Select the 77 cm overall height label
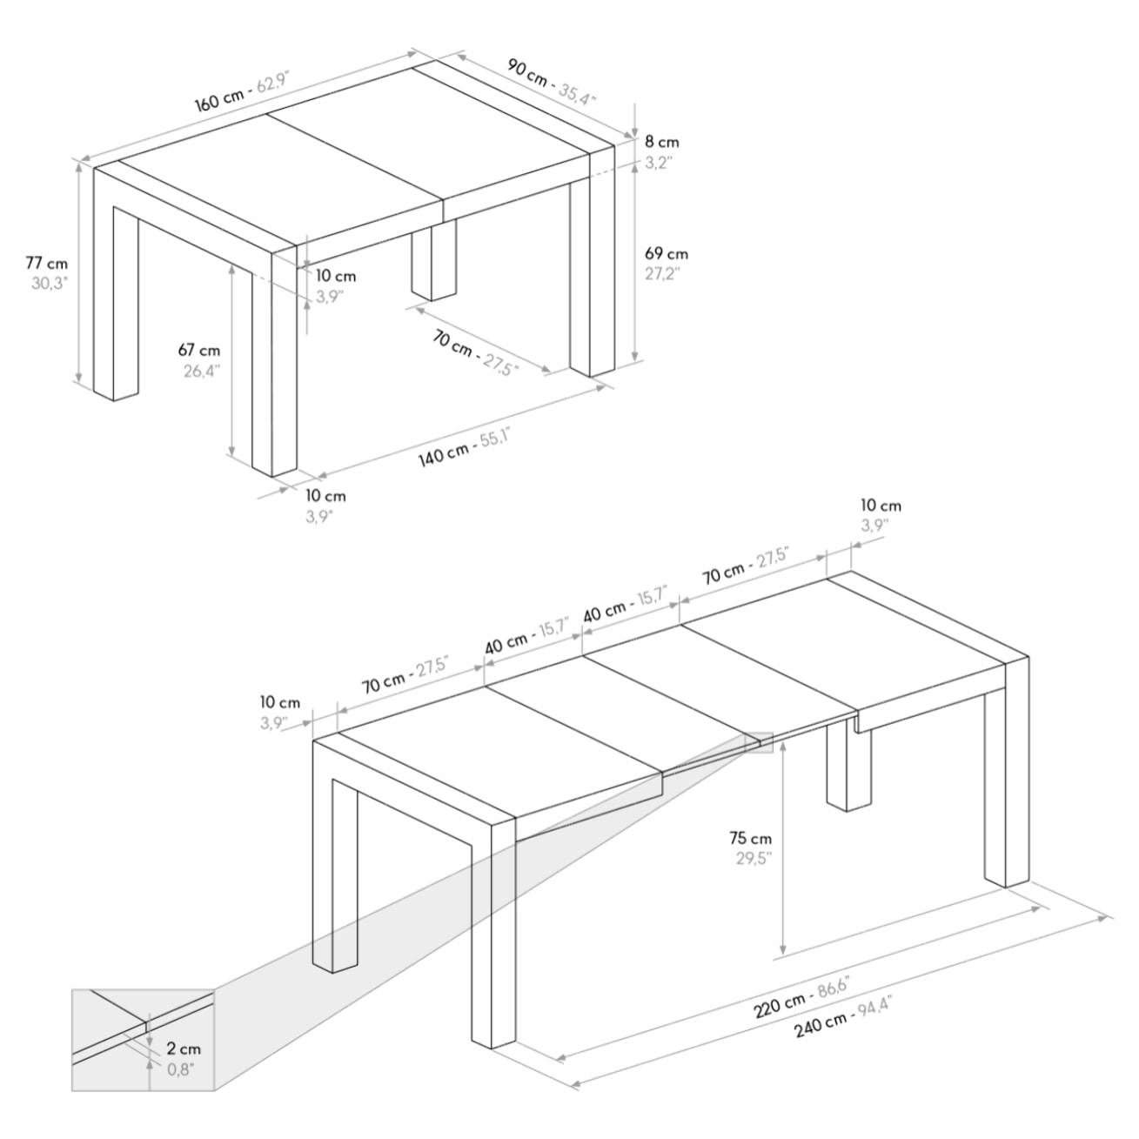(x=46, y=263)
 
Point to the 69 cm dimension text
(x=666, y=254)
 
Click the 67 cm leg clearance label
(x=199, y=351)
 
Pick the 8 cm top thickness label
(x=661, y=141)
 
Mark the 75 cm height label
(x=750, y=839)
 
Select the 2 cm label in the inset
(x=184, y=1049)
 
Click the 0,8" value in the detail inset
(x=181, y=1069)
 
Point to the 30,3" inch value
(x=49, y=283)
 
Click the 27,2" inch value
(x=662, y=273)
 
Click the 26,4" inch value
(x=201, y=371)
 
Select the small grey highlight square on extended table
(x=758, y=741)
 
